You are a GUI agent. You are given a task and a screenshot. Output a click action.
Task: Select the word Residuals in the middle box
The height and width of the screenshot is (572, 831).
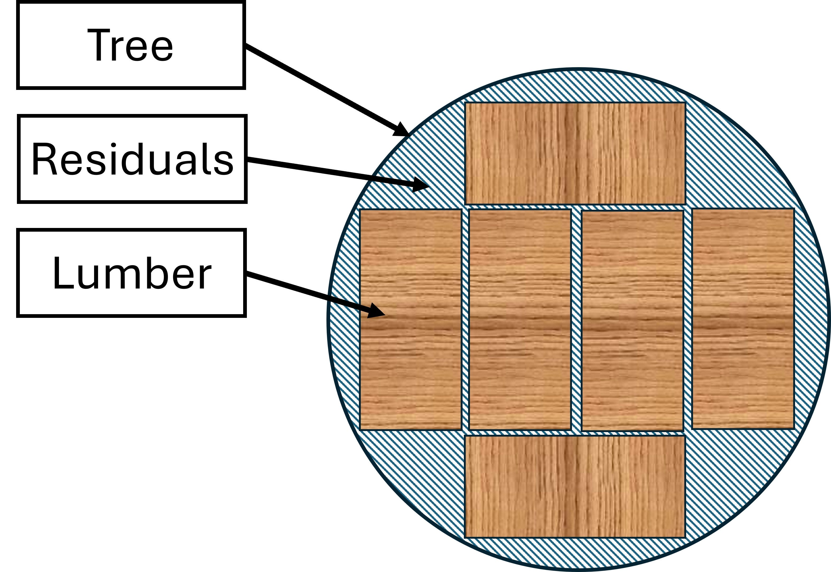pos(132,159)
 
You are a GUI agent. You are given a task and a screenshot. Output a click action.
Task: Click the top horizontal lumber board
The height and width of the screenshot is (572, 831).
pos(575,153)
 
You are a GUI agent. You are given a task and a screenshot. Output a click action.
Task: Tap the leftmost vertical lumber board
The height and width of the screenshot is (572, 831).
pos(410,319)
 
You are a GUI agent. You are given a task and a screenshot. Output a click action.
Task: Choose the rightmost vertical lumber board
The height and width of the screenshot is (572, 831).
pos(743,319)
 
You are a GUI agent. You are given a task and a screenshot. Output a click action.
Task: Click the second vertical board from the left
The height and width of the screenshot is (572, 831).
pos(520,319)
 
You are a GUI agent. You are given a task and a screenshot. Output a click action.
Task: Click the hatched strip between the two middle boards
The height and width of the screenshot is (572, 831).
pos(576,319)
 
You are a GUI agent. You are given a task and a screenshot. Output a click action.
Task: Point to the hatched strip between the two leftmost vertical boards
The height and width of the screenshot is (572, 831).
pos(465,319)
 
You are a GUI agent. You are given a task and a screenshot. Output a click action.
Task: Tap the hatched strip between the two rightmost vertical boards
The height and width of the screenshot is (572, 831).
pos(688,319)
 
